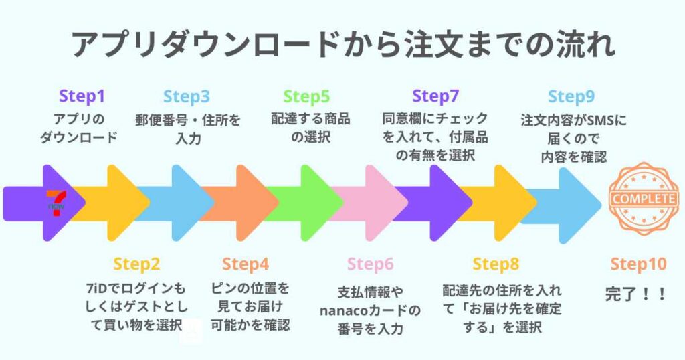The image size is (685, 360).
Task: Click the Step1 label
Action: point(82,96)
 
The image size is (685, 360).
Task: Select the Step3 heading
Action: point(186,96)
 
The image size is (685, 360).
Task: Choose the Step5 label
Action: point(306,96)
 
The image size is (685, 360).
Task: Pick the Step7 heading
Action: point(435,96)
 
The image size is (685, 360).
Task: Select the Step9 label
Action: point(571,96)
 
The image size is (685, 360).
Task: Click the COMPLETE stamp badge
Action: point(643,199)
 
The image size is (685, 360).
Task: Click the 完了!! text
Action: point(635,294)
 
